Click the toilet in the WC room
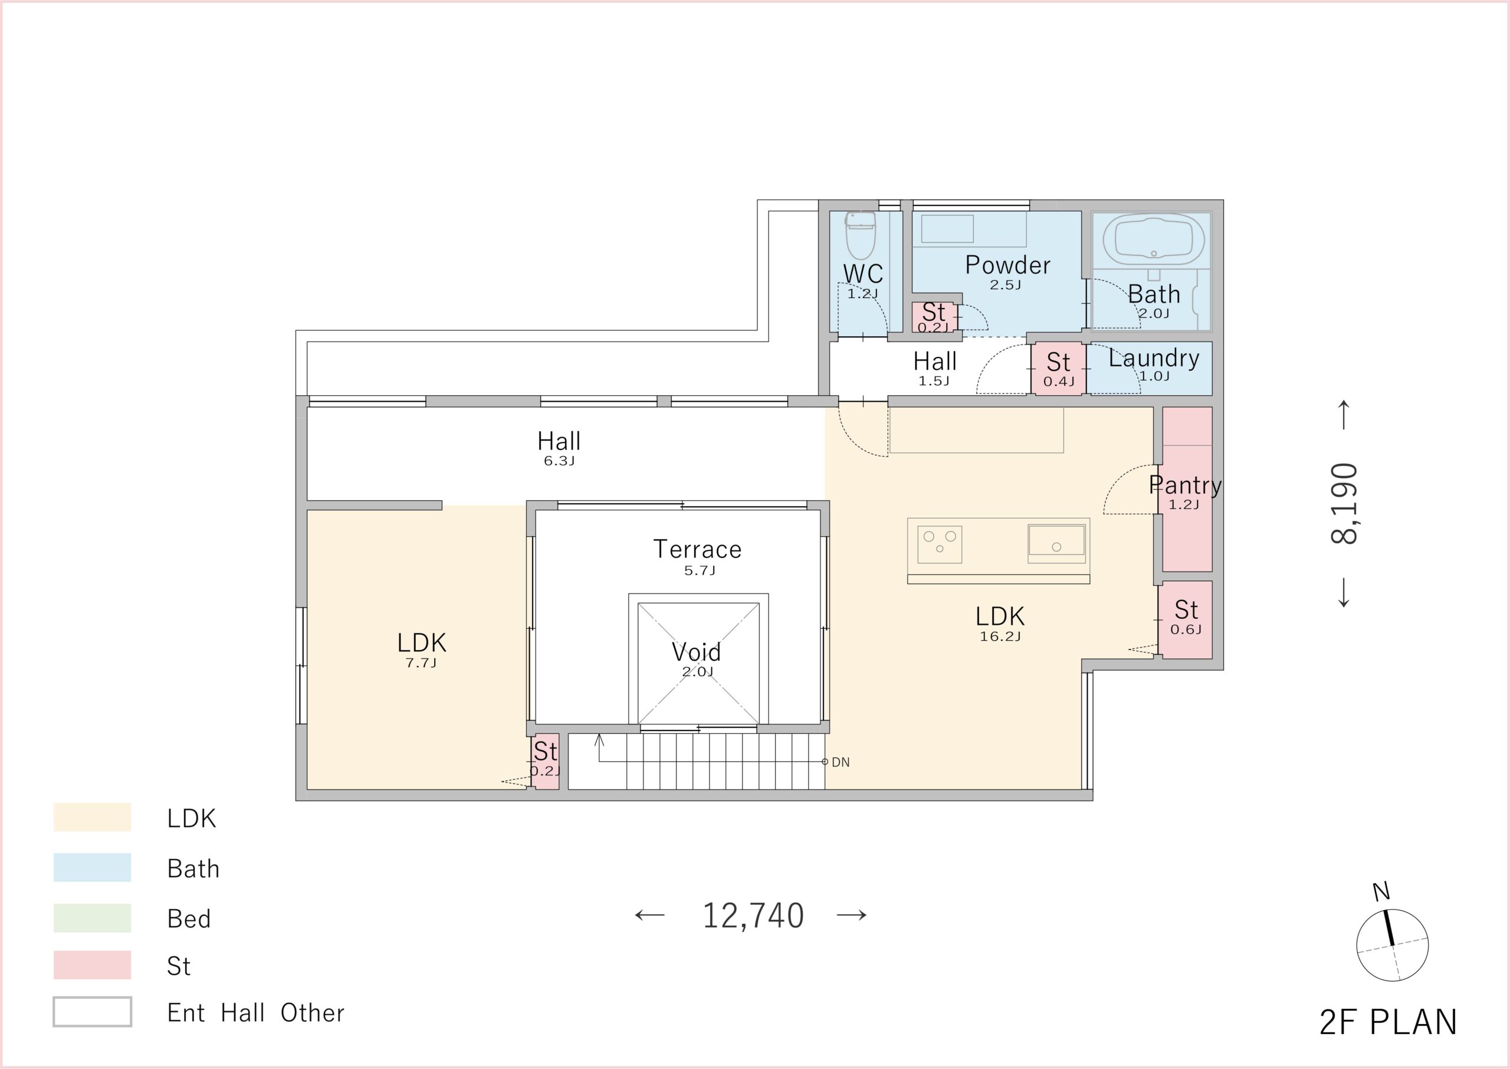[x=860, y=235]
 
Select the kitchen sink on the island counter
[x=1056, y=544]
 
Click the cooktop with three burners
[x=940, y=545]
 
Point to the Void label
[x=696, y=652]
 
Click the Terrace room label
[x=697, y=549]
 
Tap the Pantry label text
[x=1185, y=485]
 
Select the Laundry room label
[x=1154, y=358]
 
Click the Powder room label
[x=1007, y=265]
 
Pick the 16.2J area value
[x=1000, y=637]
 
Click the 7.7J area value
[x=421, y=663]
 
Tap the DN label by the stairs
[x=840, y=762]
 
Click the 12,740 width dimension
[x=753, y=916]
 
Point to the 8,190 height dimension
[x=1344, y=504]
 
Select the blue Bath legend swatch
[x=92, y=868]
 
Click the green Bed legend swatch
[x=92, y=917]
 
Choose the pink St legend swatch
[x=92, y=965]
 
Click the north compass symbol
[x=1392, y=945]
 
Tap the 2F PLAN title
[x=1388, y=1023]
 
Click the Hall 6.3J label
[x=559, y=447]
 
